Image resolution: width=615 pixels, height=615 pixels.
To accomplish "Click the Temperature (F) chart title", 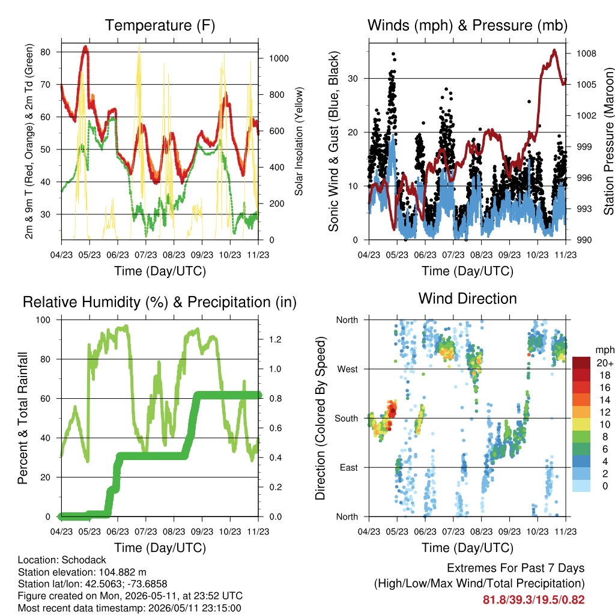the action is (160, 25).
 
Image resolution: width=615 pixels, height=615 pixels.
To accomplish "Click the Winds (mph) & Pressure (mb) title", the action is (467, 25).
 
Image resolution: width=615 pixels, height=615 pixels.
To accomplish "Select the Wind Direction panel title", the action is (467, 298).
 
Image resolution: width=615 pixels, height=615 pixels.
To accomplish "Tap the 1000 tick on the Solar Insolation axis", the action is (279, 58).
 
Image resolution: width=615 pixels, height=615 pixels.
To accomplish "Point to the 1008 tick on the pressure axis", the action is (586, 53).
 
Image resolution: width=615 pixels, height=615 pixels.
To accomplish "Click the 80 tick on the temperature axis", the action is (46, 52).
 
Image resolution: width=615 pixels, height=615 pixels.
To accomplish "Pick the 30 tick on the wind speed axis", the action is (353, 79).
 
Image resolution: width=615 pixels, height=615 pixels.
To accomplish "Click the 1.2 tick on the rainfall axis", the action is (275, 339).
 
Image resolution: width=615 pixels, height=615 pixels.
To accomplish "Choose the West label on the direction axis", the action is (348, 369).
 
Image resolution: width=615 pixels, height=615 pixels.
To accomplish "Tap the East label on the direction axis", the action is (349, 467).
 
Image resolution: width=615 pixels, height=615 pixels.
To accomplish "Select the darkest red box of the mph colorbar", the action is (581, 362).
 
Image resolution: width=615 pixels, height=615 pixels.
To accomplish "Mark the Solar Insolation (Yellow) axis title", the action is (299, 141).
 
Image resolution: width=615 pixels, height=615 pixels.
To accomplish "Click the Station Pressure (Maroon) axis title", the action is (608, 141).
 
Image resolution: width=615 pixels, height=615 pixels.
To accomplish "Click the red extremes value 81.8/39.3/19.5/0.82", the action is (533, 600).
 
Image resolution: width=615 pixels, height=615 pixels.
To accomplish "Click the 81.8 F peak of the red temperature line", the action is (85, 47).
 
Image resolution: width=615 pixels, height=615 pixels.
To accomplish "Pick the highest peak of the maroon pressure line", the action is (554, 50).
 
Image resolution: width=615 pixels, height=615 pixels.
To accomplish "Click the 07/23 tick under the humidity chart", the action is (146, 532).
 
